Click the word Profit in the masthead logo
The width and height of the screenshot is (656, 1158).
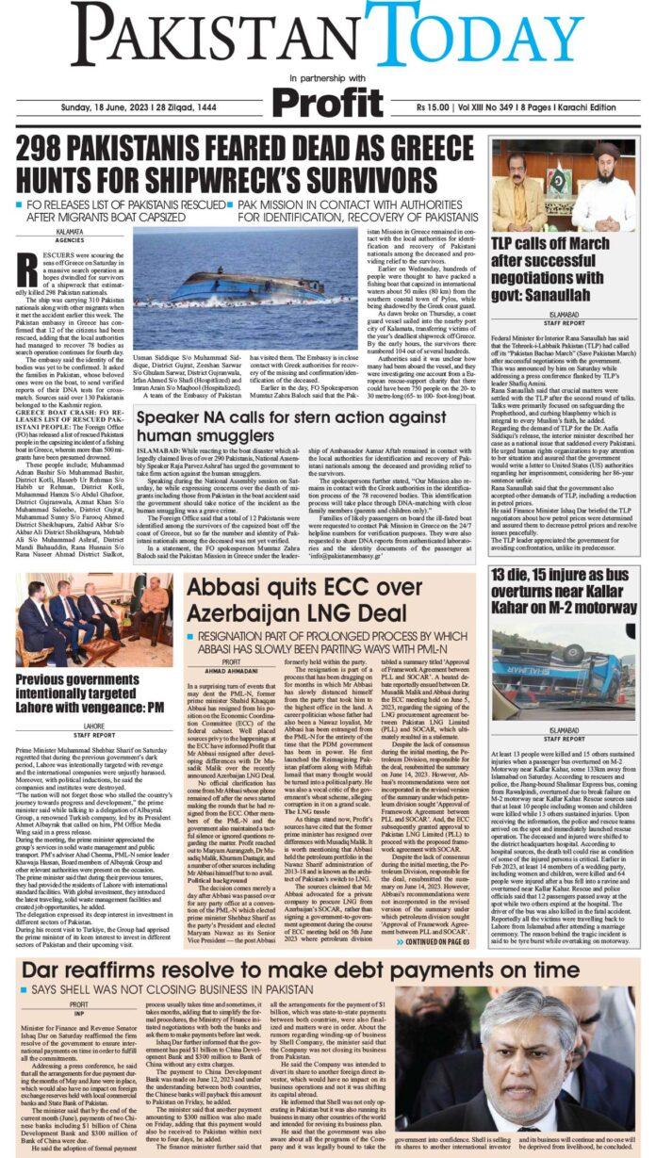coord(327,100)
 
